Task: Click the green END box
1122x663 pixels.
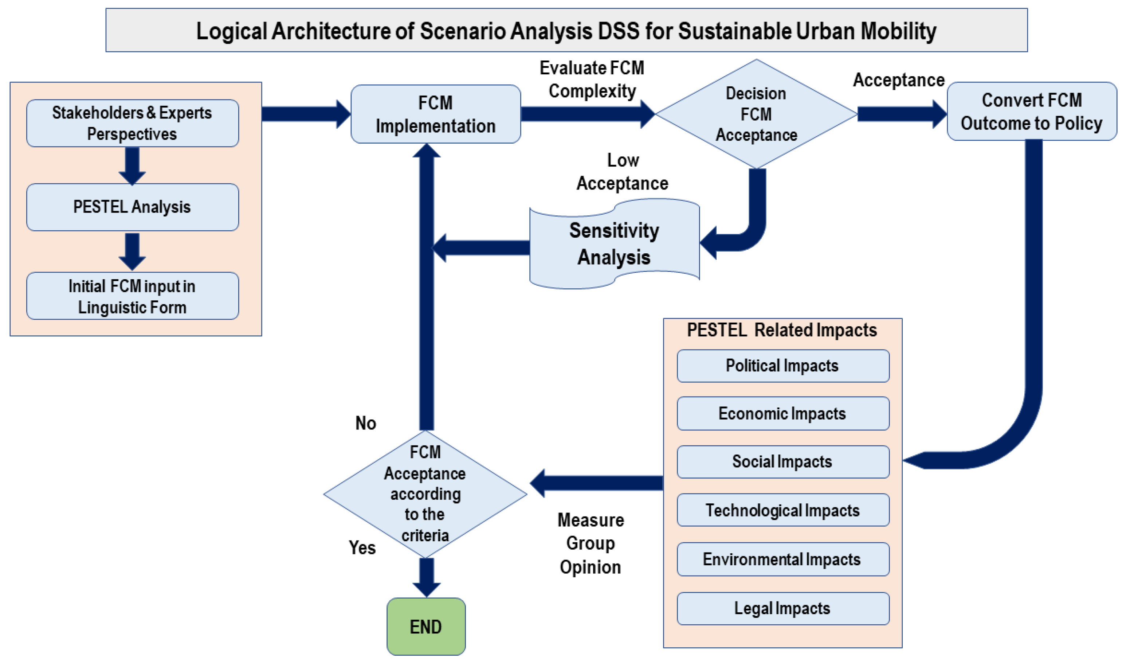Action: [426, 626]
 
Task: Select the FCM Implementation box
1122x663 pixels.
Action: [435, 114]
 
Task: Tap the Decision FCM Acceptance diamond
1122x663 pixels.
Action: [756, 114]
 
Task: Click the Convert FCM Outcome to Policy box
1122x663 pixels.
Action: [1031, 111]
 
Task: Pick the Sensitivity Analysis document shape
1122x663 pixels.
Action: [614, 244]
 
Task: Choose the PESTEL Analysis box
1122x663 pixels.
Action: [132, 207]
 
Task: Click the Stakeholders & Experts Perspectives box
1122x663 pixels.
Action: [132, 123]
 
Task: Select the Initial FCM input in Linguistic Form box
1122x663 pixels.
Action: [132, 296]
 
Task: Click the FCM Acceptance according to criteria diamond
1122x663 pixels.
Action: [425, 494]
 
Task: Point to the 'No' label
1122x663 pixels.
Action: [366, 423]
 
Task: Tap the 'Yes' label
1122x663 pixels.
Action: [362, 548]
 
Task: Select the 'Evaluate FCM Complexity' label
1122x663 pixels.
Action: [592, 79]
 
